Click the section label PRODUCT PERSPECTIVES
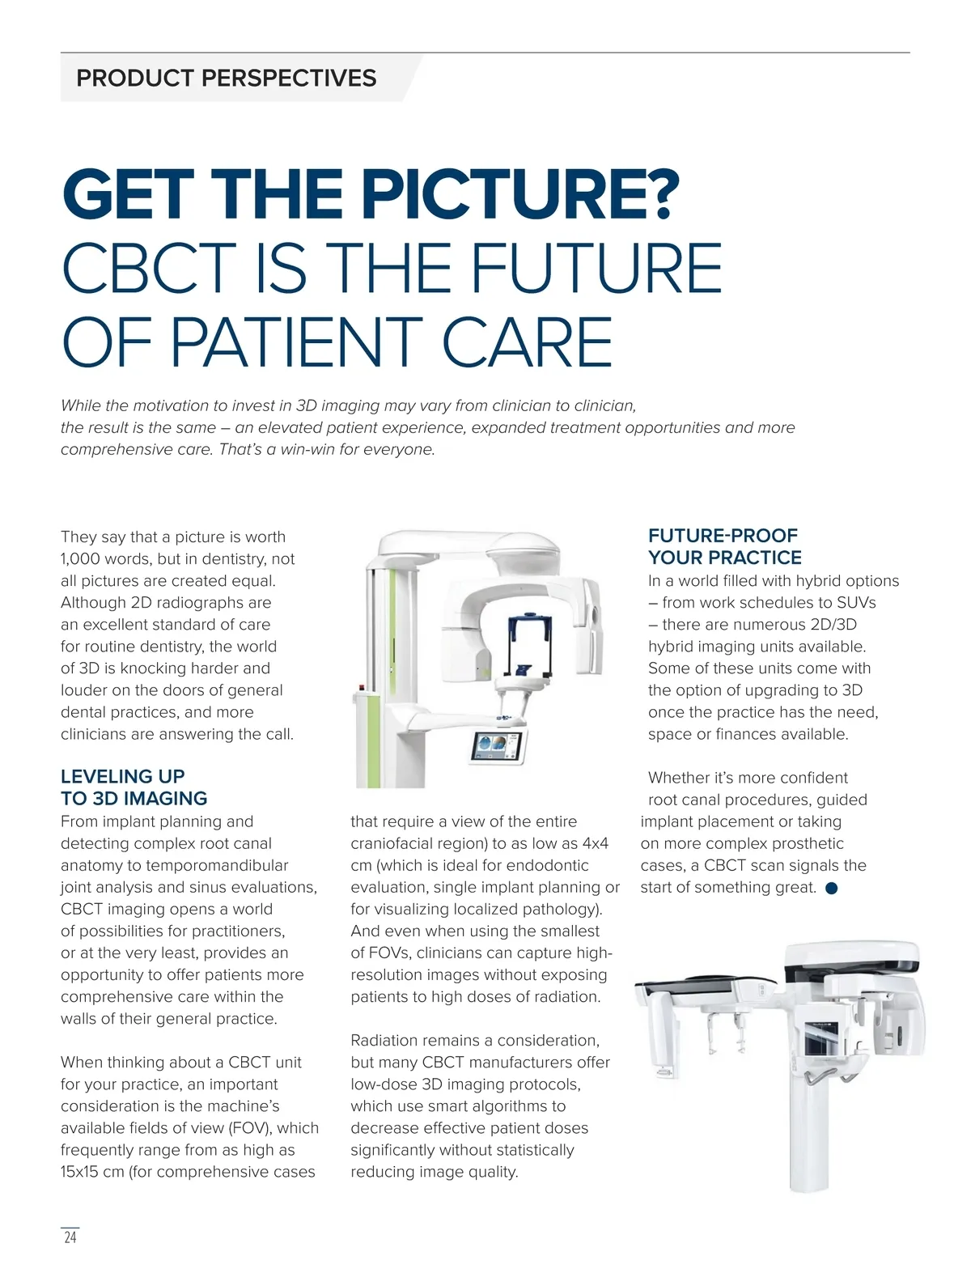coord(226,78)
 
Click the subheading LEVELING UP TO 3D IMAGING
coord(134,787)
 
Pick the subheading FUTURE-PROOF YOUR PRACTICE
coord(725,545)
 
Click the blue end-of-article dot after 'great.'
coord(831,888)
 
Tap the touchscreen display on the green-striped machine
coord(498,746)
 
